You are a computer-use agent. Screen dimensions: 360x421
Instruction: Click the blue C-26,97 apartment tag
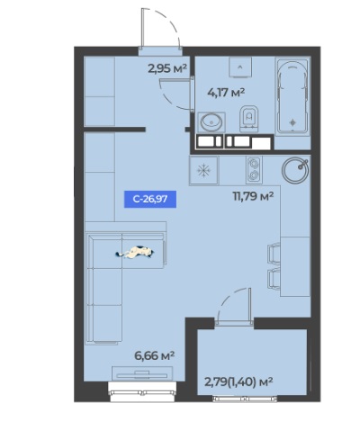point(150,199)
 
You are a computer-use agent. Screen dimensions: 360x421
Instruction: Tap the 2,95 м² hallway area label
point(167,68)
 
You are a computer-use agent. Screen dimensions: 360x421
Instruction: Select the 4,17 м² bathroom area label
point(226,92)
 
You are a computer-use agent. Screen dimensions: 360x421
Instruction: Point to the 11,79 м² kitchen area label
point(253,196)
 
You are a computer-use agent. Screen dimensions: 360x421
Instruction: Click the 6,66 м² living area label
point(155,356)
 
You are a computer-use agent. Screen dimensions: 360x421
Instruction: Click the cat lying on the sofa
point(135,252)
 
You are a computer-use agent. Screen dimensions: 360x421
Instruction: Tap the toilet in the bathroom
point(249,119)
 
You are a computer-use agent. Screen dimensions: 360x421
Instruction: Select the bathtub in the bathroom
point(292,96)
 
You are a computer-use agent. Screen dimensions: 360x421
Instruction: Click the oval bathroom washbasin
point(211,121)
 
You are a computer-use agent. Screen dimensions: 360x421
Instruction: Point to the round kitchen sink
point(295,170)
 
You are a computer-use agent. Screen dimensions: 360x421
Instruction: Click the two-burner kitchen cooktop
point(254,170)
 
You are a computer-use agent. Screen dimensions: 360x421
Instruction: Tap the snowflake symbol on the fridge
point(203,171)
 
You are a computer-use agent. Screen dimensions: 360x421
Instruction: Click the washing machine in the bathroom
point(240,67)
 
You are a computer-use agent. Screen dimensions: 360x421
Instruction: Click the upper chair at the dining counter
point(274,254)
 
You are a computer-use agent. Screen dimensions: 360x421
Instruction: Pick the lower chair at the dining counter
point(274,279)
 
